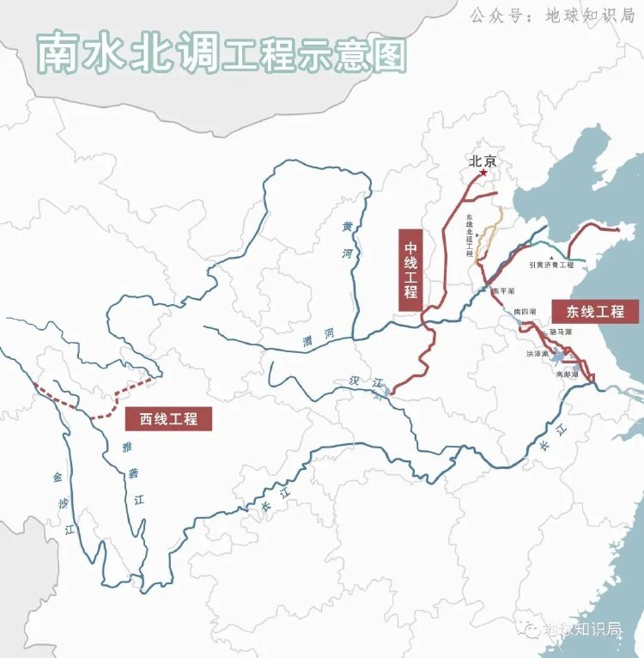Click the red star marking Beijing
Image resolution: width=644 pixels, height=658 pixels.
pos(483,174)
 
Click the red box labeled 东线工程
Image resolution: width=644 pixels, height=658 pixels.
pos(595,310)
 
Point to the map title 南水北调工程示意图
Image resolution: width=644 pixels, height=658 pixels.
pos(219,53)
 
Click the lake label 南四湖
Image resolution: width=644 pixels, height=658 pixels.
pos(524,311)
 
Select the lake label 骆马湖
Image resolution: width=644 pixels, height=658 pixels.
pos(561,331)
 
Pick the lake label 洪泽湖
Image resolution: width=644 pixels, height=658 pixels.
pos(538,353)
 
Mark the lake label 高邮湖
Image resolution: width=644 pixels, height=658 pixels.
pos(568,375)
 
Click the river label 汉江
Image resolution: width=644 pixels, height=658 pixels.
pos(365,383)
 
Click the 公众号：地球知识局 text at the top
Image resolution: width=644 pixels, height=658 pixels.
pos(550,15)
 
